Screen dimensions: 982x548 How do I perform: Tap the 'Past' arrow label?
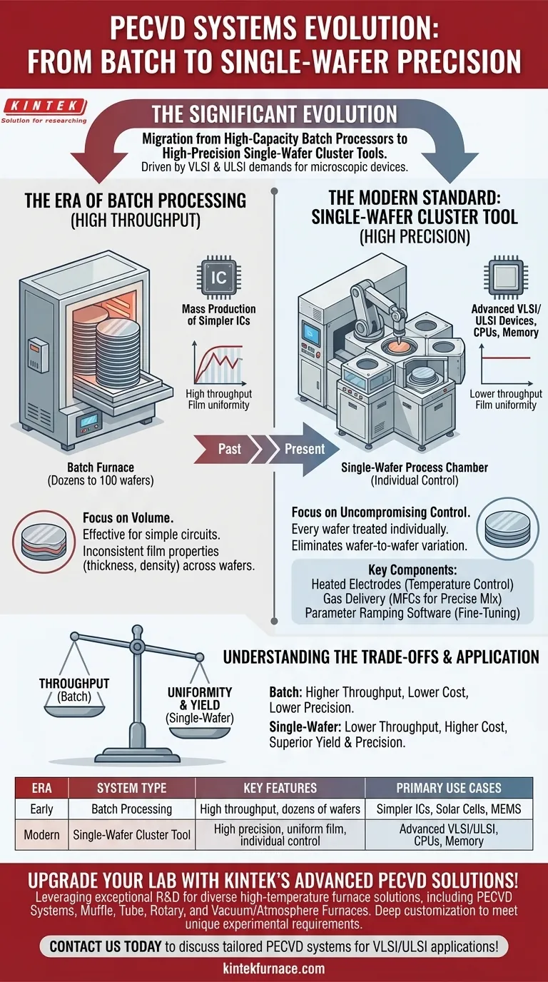point(229,449)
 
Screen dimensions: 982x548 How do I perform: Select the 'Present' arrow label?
point(304,449)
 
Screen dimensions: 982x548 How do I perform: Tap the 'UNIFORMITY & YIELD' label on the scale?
point(200,698)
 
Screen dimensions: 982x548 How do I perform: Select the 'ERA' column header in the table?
point(41,788)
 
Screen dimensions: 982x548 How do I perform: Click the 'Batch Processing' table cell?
point(131,809)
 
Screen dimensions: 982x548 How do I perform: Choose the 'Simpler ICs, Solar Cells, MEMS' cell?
point(450,809)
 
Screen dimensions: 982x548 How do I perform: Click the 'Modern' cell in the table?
point(41,834)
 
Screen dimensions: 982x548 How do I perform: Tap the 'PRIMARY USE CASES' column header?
point(449,788)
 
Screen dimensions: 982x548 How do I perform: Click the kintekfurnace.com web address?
point(274,968)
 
